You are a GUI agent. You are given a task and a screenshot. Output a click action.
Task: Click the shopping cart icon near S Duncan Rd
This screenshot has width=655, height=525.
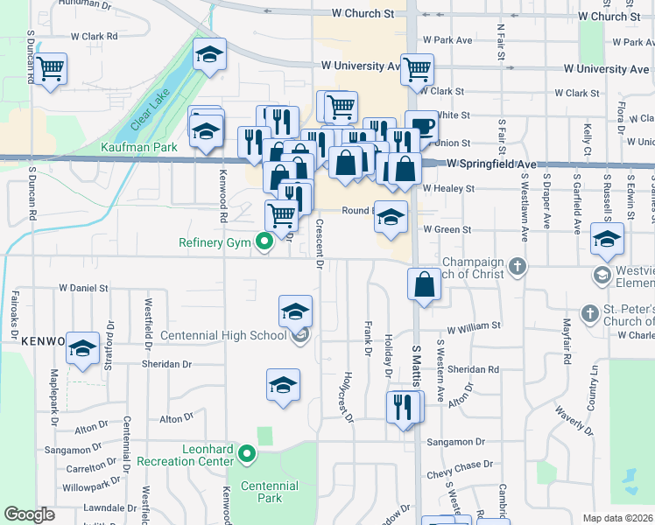point(51,68)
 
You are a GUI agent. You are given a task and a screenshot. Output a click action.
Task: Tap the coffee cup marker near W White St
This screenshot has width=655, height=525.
point(421,125)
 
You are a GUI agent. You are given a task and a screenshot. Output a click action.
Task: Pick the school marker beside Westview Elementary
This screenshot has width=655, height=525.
point(607,238)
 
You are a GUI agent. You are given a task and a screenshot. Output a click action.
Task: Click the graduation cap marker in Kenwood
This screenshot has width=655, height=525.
point(83,349)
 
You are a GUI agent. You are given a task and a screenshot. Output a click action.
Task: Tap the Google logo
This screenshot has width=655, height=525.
point(30,514)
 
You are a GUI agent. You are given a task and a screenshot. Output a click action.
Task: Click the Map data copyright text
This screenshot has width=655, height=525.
point(617,518)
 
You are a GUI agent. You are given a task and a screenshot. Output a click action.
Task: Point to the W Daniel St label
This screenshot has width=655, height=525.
point(83,287)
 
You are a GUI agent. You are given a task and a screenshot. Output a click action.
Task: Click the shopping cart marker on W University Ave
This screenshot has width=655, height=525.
point(418,68)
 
